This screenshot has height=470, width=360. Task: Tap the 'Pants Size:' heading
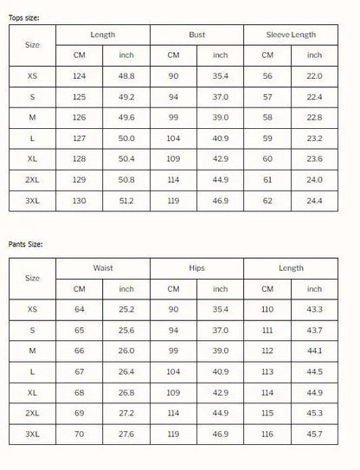25,245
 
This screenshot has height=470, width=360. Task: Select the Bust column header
196,35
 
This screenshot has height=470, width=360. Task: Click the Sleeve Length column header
291,35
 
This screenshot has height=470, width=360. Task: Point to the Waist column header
103,268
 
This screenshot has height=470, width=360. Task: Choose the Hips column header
196,268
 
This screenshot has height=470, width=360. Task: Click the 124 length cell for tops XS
79,77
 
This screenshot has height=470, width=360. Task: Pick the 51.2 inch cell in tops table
126,201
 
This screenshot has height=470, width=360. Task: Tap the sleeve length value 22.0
314,77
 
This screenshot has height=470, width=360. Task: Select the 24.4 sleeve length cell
314,201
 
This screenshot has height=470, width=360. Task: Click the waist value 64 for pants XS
79,309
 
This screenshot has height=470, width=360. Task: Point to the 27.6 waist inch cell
126,433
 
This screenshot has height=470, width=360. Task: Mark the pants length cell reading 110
267,309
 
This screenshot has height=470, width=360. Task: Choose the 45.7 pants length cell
314,433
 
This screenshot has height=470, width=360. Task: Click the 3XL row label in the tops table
33,201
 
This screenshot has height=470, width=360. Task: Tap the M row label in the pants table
33,351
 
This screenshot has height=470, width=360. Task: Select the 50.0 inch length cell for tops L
126,138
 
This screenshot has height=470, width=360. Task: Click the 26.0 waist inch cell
126,351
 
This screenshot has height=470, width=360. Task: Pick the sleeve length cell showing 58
267,119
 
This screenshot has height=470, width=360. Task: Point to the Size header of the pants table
33,278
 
